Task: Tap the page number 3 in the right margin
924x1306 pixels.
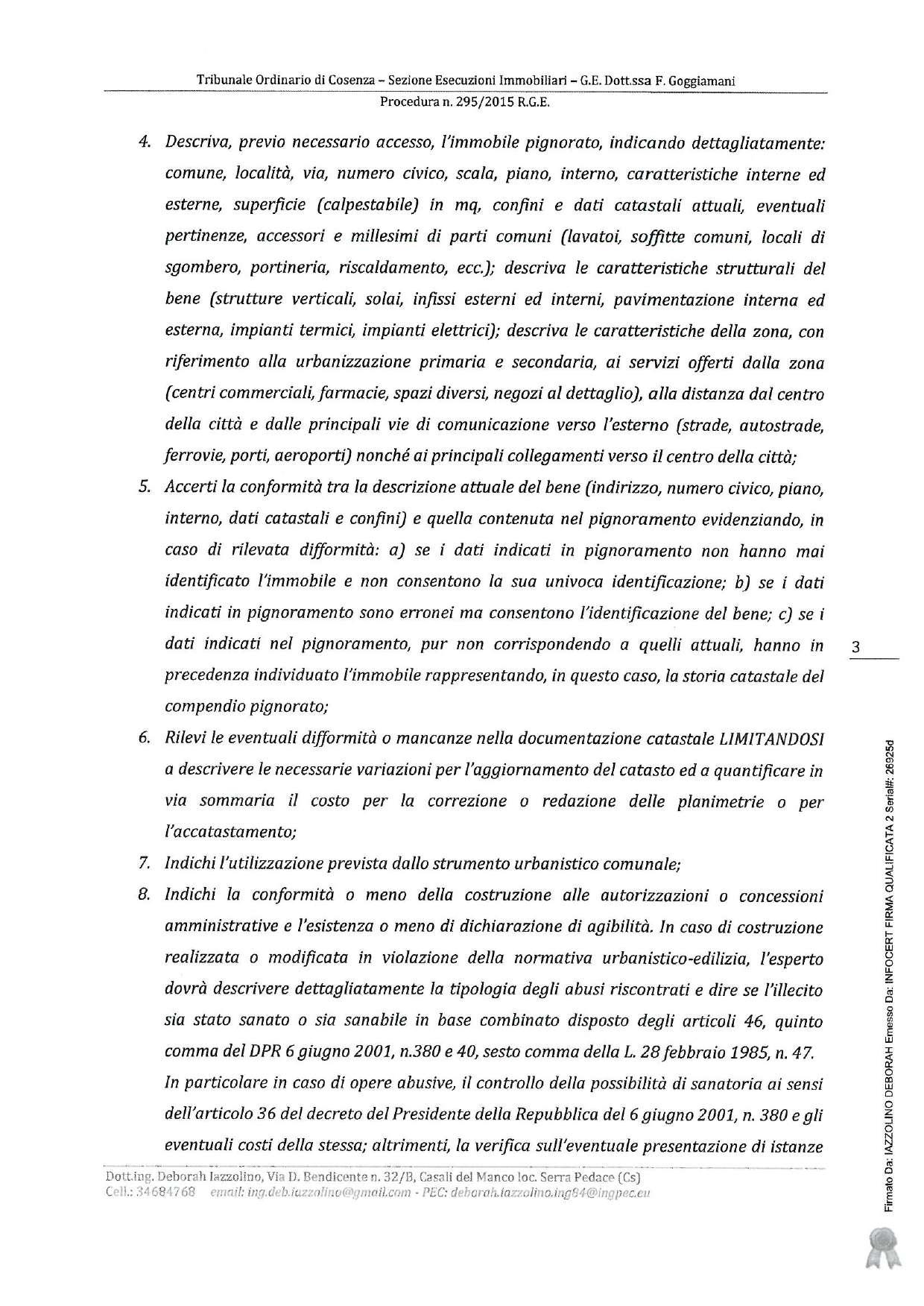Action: [855, 648]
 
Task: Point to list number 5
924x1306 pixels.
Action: [145, 488]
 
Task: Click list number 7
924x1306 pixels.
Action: [145, 865]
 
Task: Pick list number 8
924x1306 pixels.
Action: [145, 896]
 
